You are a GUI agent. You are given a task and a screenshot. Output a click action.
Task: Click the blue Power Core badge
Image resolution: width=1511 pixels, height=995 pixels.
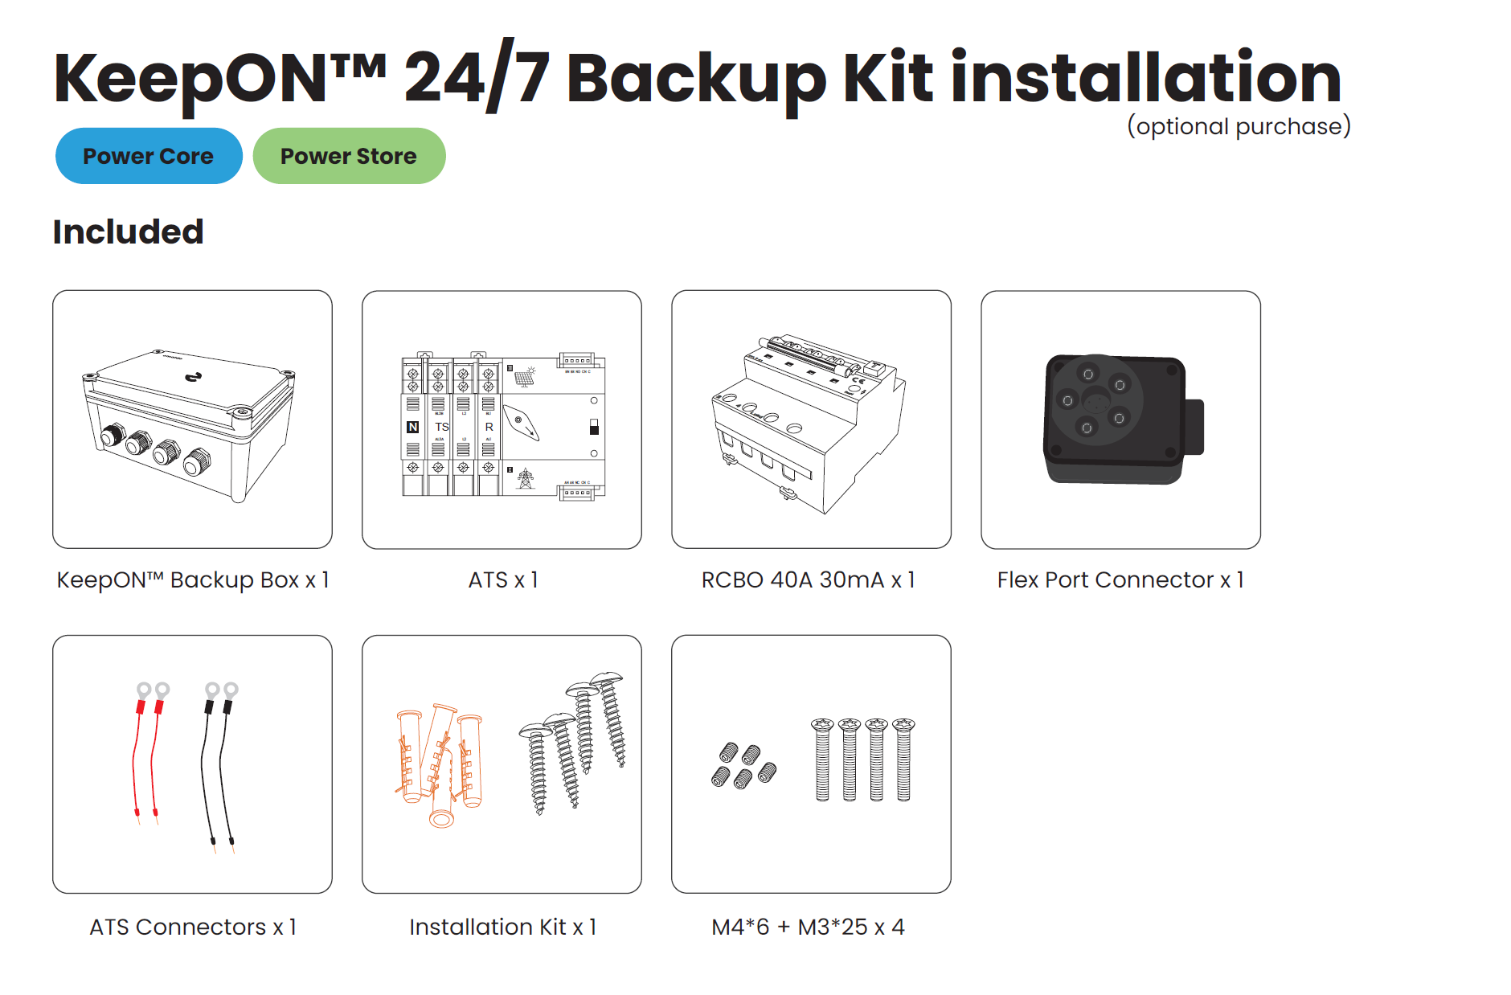click(149, 156)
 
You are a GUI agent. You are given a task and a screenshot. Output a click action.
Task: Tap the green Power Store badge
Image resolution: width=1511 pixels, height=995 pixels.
click(349, 156)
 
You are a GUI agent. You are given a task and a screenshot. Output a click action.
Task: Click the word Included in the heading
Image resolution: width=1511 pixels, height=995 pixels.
click(128, 232)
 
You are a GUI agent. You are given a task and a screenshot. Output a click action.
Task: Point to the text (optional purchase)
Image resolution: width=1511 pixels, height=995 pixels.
click(1238, 127)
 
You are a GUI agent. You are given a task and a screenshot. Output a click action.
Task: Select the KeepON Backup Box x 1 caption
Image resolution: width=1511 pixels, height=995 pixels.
click(193, 579)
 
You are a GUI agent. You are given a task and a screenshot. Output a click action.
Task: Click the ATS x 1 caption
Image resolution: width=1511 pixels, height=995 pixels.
click(503, 579)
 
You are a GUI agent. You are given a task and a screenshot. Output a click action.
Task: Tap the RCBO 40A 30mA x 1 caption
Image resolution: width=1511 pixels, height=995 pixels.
click(808, 579)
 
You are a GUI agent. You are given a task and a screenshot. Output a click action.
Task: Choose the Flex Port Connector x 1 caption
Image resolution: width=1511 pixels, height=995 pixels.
click(1120, 579)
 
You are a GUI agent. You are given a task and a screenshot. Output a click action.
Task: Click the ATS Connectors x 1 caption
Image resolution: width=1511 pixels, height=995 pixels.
click(193, 927)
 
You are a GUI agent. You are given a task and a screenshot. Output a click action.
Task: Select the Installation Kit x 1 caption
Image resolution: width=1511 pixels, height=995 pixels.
click(503, 927)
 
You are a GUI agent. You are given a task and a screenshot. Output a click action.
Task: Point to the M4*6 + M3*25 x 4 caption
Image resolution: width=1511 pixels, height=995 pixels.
click(808, 927)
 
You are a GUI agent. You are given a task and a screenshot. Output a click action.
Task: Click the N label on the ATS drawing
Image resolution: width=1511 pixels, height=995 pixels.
click(412, 427)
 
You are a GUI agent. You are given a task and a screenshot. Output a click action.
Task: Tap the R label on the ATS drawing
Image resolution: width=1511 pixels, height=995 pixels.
click(489, 427)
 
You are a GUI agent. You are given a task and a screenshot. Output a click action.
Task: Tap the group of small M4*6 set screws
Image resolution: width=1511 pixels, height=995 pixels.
click(743, 766)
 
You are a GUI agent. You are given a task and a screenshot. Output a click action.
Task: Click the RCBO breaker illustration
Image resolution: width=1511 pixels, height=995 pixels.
click(808, 422)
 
